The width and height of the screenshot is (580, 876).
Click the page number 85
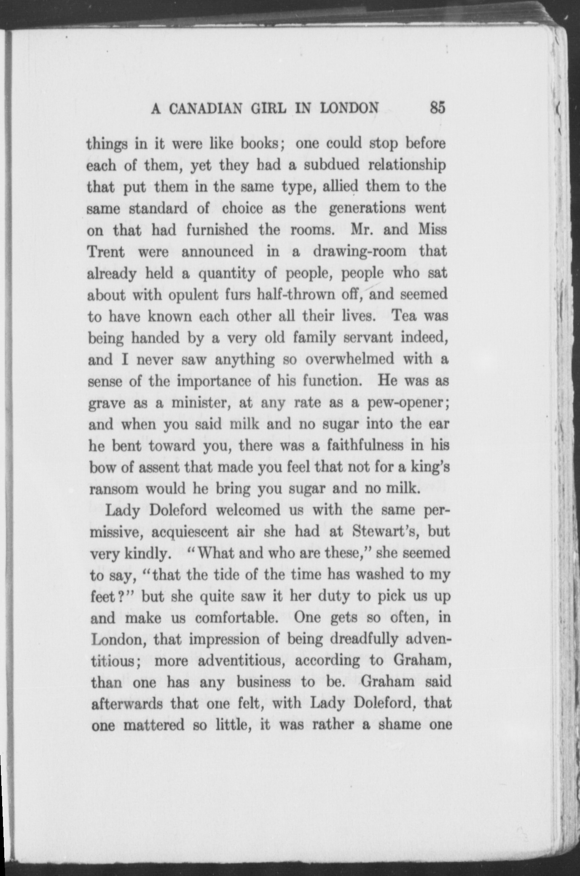point(437,108)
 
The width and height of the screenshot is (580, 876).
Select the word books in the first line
point(258,144)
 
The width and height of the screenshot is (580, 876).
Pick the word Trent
point(106,252)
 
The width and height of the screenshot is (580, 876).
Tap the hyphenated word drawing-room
point(360,251)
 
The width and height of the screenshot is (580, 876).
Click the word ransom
point(114,489)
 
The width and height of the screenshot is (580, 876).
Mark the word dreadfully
point(364,640)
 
